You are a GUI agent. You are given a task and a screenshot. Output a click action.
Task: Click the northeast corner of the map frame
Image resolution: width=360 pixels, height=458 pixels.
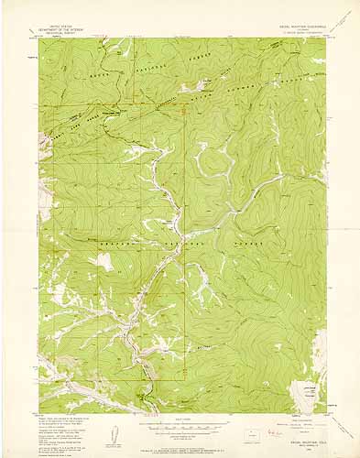click(x=326, y=38)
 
